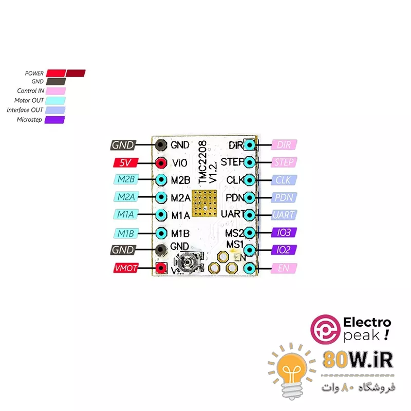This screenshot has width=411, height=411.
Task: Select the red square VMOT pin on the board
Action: point(161,268)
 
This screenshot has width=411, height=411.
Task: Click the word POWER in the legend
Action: point(34,73)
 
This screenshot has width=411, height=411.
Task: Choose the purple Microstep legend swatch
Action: point(55,120)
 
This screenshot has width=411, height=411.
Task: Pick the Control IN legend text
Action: point(31,91)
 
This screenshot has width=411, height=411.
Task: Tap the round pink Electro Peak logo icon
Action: point(326,329)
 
